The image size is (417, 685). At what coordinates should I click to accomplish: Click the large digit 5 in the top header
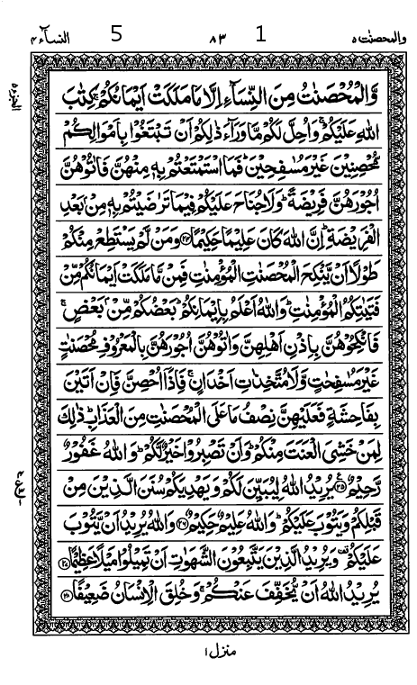point(115,35)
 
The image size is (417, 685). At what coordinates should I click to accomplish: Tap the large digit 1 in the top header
point(261,35)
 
